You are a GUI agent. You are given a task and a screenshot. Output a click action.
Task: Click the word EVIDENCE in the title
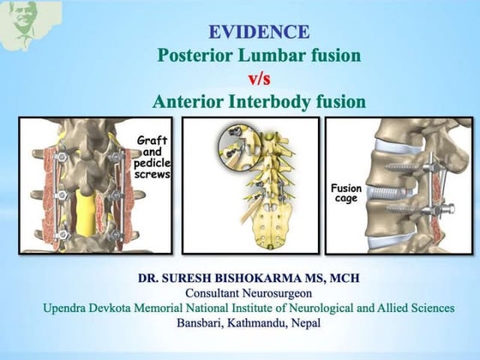pos(259,33)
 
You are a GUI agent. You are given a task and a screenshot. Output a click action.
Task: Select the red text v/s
pos(259,79)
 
